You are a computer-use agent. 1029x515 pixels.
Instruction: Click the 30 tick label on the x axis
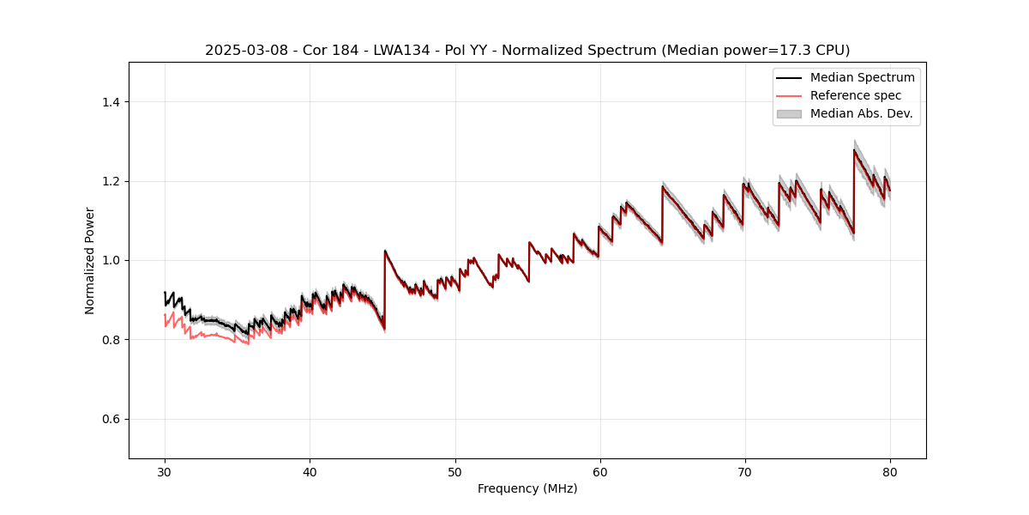pyautogui.click(x=165, y=471)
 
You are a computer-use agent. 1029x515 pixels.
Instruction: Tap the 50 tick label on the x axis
pyautogui.click(x=454, y=471)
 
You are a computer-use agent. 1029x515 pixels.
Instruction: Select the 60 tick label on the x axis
pyautogui.click(x=599, y=471)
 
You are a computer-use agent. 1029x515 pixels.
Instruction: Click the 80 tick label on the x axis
pyautogui.click(x=890, y=471)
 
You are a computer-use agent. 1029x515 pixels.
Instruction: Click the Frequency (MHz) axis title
pyautogui.click(x=527, y=488)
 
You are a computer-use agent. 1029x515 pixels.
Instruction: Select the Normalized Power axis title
pyautogui.click(x=90, y=260)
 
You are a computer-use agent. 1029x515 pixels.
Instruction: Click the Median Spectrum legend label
pyautogui.click(x=862, y=77)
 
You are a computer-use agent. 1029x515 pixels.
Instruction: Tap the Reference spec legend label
pyautogui.click(x=855, y=95)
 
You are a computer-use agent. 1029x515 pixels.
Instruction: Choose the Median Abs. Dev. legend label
pyautogui.click(x=861, y=113)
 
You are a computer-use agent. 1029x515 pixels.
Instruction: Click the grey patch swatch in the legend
pyautogui.click(x=789, y=113)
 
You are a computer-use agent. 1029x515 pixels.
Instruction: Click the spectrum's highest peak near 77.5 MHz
pyautogui.click(x=854, y=150)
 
